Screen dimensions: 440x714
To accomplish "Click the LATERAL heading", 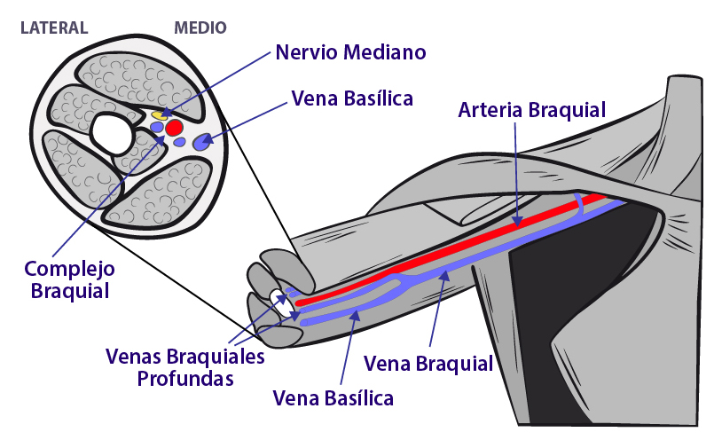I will pos(54,27).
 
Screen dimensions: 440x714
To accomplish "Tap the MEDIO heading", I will pos(200,27).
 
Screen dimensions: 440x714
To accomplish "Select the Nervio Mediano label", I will pos(350,52).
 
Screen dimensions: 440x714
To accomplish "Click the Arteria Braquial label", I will pos(531,111).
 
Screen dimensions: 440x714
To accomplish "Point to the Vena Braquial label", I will pos(428,363).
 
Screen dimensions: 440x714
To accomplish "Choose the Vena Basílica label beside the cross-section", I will pos(352,98).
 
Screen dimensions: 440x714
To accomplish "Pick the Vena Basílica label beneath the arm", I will pos(333,397).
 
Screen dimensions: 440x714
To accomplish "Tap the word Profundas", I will pos(185,379).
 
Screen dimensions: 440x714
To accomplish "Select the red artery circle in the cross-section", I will pos(174,128).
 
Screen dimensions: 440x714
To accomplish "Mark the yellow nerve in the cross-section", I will pos(159,114).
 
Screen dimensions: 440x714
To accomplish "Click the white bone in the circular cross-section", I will pos(113,134).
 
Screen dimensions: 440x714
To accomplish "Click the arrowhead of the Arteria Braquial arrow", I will pos(518,218).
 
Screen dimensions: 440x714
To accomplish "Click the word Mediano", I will pos(385,52).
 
